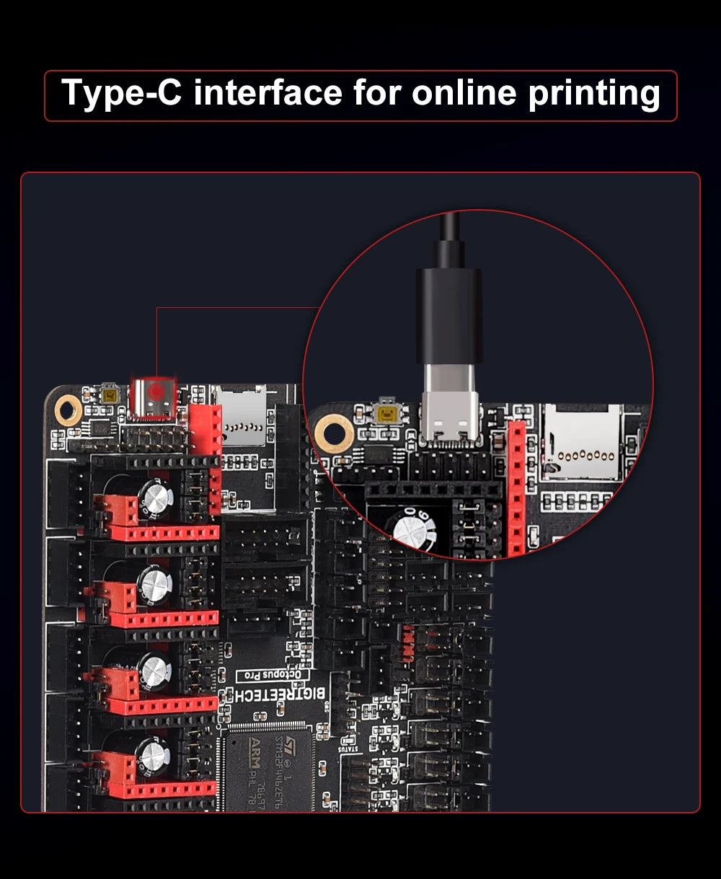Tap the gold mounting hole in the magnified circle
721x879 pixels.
[x=334, y=433]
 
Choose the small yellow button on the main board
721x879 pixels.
[x=110, y=396]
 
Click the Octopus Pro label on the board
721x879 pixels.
[x=273, y=675]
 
